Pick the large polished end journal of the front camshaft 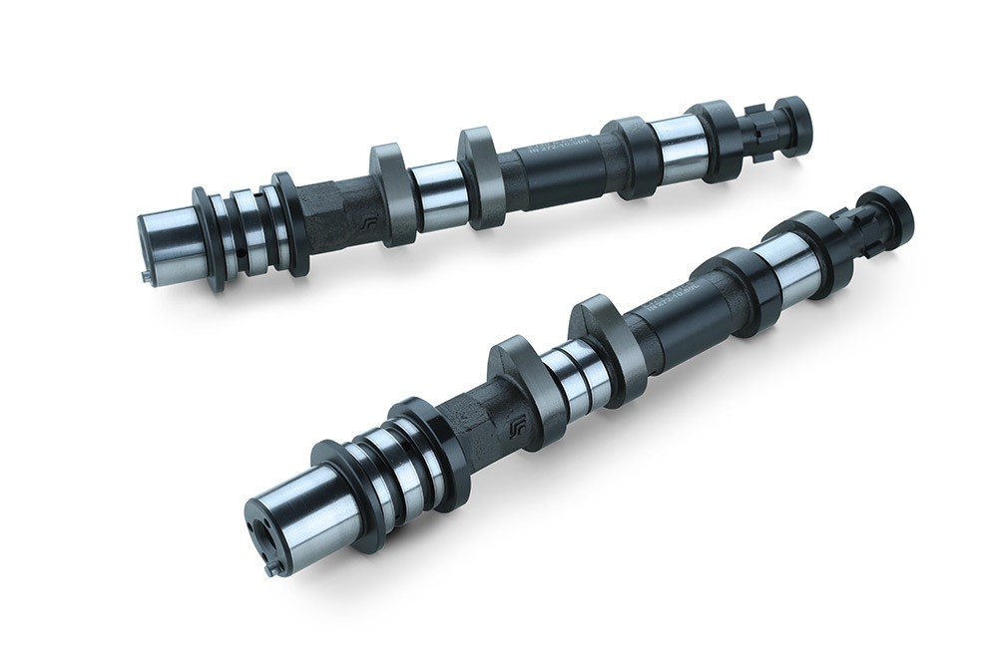click(310, 509)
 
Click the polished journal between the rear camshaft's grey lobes click(436, 189)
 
